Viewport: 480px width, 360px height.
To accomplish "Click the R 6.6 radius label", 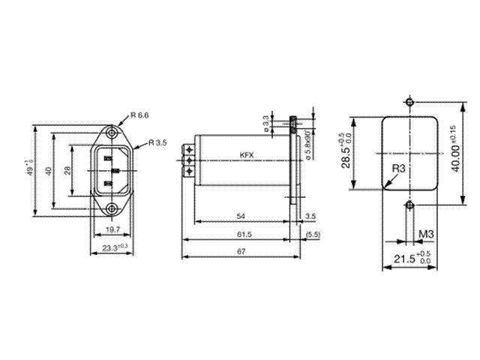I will (139, 115).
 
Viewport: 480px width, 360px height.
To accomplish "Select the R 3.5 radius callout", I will (157, 142).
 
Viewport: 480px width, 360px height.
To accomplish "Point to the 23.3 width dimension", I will (112, 246).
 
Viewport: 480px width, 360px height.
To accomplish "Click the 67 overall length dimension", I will (240, 251).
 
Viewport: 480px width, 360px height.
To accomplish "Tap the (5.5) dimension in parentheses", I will (313, 235).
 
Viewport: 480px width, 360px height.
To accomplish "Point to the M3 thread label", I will (426, 235).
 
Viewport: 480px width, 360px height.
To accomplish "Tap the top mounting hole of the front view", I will (111, 133).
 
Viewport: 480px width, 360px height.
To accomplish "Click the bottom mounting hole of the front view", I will (111, 208).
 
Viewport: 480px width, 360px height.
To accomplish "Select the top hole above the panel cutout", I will (409, 102).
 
